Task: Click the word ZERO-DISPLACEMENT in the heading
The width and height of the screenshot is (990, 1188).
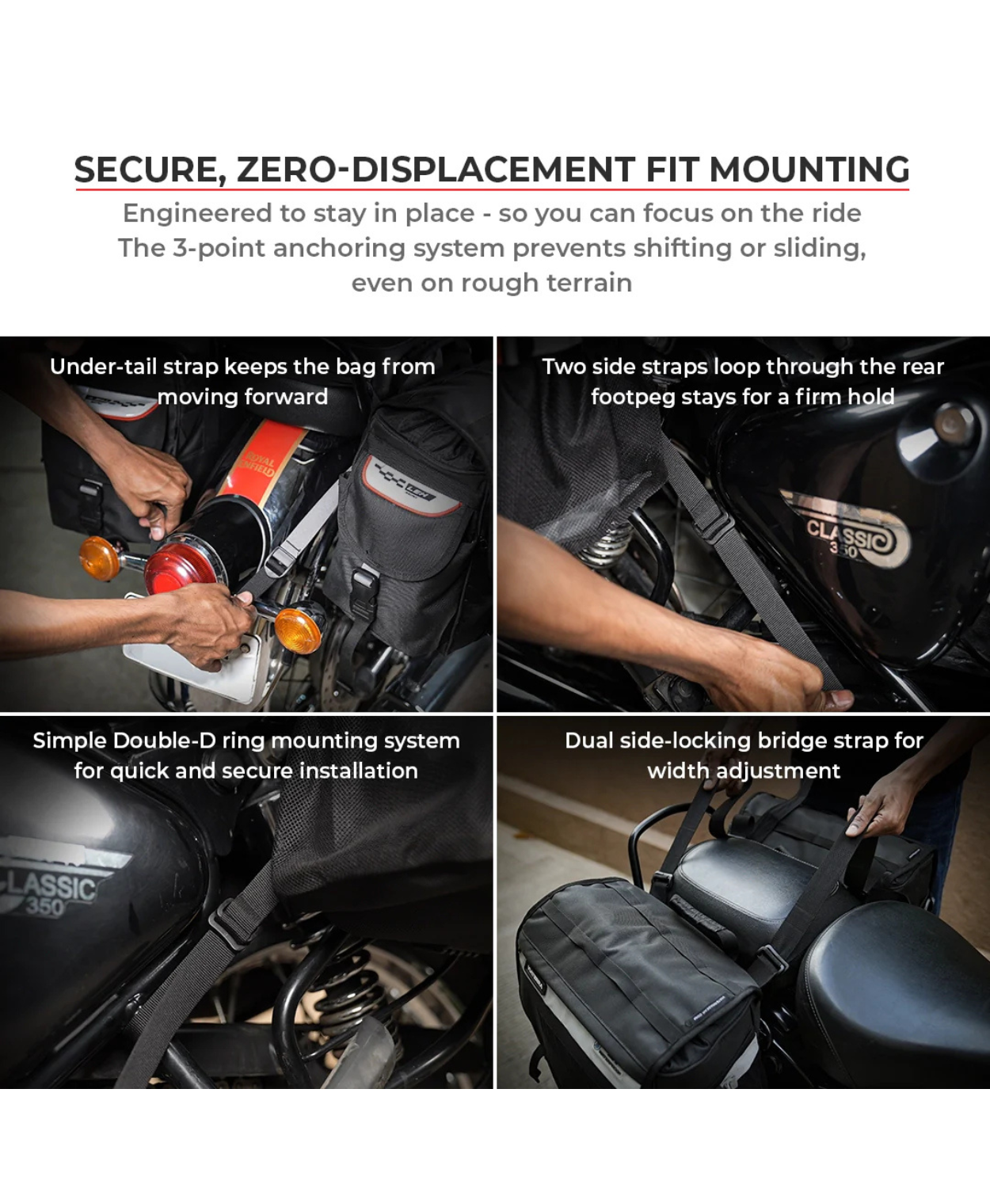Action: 436,169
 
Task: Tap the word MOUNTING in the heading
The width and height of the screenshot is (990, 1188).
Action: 809,169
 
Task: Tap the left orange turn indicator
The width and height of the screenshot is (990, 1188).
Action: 100,558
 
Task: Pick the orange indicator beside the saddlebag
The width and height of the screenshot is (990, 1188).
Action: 298,630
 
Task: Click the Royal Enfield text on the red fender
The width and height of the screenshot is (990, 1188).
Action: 260,464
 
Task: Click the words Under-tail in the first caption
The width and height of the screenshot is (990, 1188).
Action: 103,367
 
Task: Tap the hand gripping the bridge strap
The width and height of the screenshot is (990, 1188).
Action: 883,805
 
